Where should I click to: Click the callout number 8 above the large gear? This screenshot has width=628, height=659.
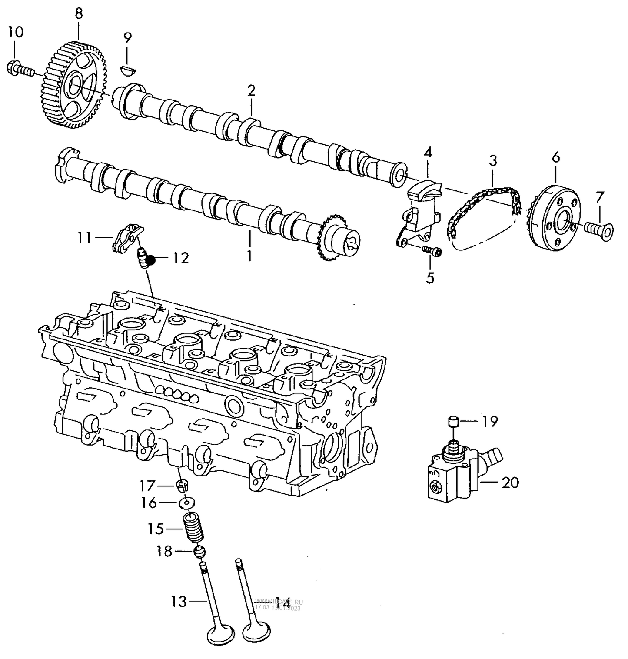coord(78,13)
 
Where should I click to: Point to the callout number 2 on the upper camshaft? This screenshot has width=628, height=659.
coord(251,91)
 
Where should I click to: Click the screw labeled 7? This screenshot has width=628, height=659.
coord(600,228)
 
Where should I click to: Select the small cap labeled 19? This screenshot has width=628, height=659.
coord(454,422)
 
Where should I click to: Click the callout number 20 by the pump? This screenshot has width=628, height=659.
coord(510,483)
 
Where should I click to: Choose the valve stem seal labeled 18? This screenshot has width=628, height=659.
coord(199,552)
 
